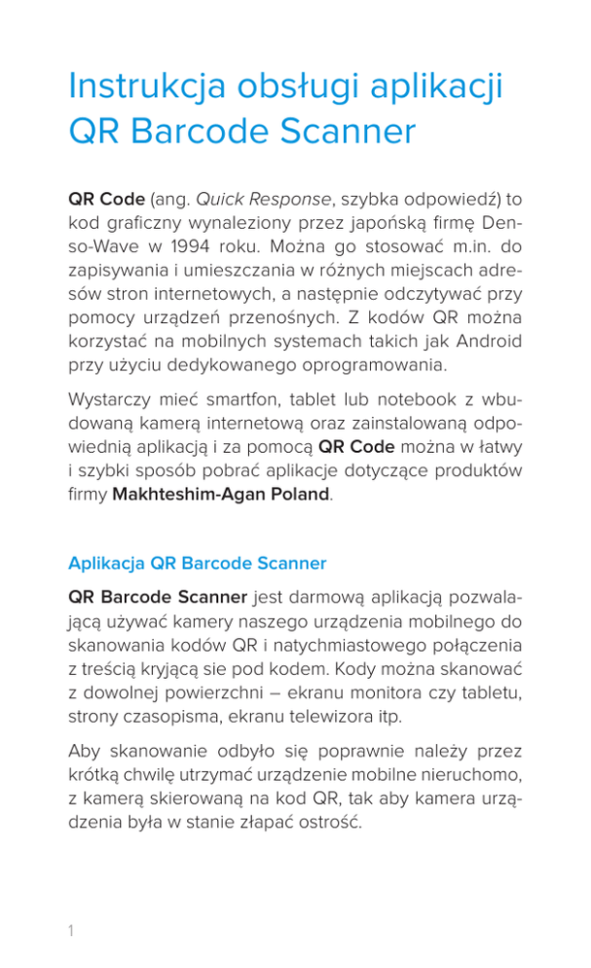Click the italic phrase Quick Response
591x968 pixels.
(x=263, y=200)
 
